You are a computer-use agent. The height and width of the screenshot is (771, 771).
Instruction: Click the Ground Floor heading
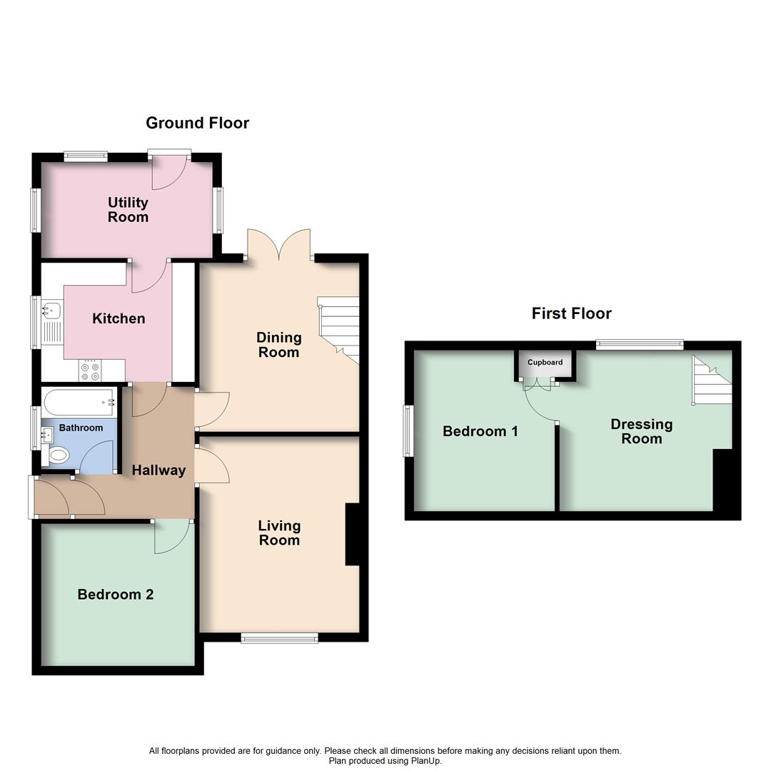click(197, 123)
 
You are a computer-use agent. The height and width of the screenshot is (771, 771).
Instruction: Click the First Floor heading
click(571, 313)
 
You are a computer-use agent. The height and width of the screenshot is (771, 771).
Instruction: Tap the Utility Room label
click(128, 210)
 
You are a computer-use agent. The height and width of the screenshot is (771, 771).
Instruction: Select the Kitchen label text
click(119, 318)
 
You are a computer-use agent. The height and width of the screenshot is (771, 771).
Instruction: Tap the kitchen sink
click(51, 311)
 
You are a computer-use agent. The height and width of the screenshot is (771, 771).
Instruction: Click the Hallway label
click(158, 470)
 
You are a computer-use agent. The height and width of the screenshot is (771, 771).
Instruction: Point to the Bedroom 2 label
click(116, 594)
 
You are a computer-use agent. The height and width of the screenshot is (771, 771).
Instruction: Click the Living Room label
click(279, 533)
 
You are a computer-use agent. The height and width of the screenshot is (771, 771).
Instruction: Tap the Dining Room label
click(279, 345)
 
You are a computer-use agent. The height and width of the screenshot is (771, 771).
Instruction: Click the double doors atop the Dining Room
click(279, 245)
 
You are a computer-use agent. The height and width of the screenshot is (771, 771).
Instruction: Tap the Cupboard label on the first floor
click(545, 363)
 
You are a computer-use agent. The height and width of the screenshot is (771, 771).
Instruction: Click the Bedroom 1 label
click(480, 431)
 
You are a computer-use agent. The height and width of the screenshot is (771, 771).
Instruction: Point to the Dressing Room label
click(641, 431)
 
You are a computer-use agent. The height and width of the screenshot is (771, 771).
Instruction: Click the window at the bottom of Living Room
click(279, 638)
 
